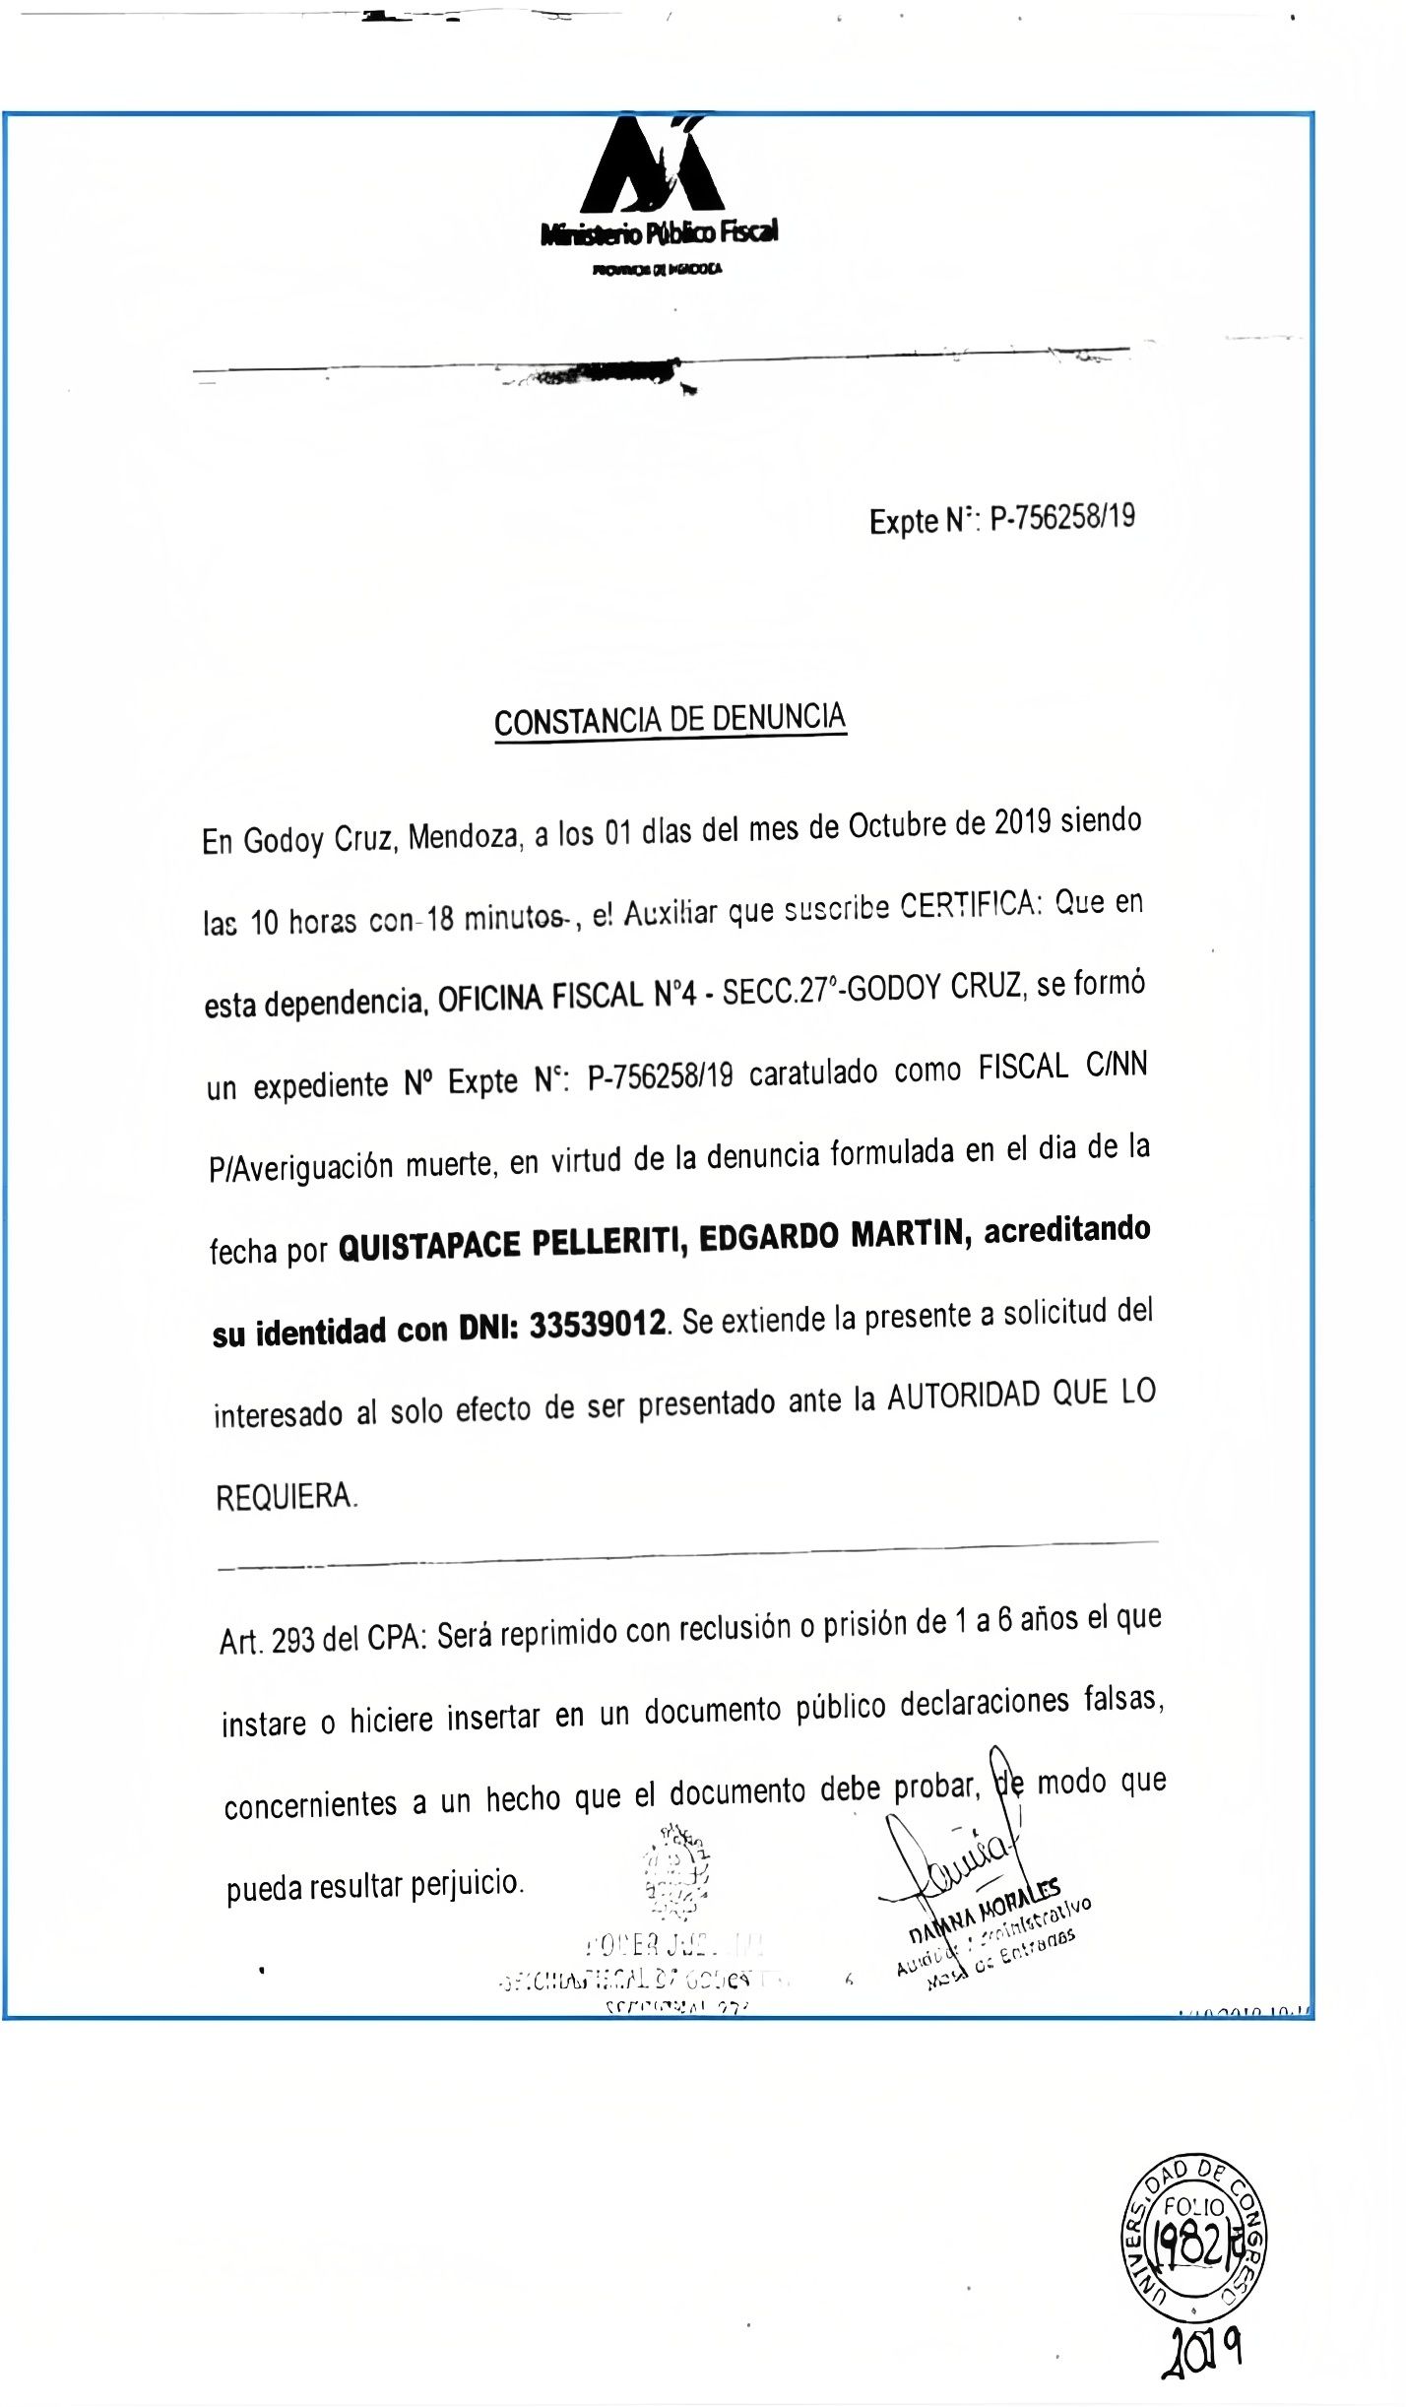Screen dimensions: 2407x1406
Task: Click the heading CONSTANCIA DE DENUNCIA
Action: [x=670, y=720]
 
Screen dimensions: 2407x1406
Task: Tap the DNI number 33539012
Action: [x=598, y=1326]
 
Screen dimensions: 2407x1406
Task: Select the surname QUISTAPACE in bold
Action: [x=428, y=1246]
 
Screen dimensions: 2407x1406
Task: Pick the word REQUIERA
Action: [x=286, y=1498]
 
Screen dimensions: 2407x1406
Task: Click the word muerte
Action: [x=449, y=1165]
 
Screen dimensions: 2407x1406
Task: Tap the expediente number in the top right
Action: [x=1061, y=517]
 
